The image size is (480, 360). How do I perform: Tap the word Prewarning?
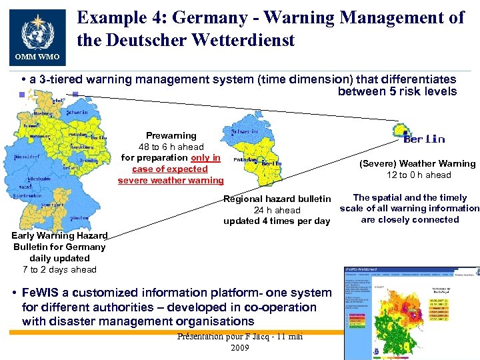[171, 135]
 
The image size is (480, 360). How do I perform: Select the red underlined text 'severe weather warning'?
[171, 181]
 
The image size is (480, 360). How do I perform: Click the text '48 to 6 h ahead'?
[171, 147]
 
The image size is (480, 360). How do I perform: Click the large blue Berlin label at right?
[424, 139]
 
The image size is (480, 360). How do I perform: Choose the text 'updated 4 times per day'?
[277, 221]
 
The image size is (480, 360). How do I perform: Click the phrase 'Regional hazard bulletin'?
[277, 199]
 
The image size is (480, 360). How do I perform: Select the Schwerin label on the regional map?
[245, 132]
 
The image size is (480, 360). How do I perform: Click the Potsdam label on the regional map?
[241, 160]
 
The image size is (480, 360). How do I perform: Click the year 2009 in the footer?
[239, 347]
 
